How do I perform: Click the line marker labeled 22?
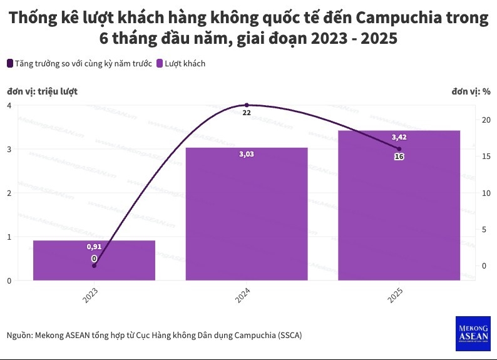pyautogui.click(x=247, y=105)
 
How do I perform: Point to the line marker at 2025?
pyautogui.click(x=399, y=148)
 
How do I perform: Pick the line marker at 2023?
pyautogui.click(x=94, y=266)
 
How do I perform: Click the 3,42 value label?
pyautogui.click(x=399, y=137)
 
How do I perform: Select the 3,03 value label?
pyautogui.click(x=247, y=154)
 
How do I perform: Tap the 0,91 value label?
pyautogui.click(x=94, y=247)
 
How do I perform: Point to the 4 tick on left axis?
pyautogui.click(x=9, y=105)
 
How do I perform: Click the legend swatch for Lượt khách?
pyautogui.click(x=160, y=63)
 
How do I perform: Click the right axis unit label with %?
pyautogui.click(x=471, y=91)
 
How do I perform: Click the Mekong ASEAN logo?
pyautogui.click(x=473, y=331)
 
